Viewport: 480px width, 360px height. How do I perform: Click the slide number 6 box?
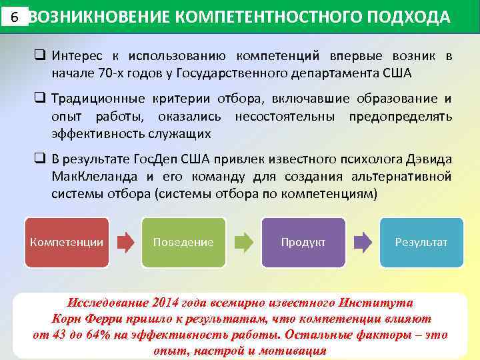pos(15,17)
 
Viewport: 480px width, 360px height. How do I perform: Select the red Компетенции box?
pos(67,242)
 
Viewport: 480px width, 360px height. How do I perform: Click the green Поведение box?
pos(183,242)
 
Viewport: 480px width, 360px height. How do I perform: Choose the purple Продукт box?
pos(303,242)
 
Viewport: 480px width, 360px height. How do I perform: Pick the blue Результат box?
pos(421,242)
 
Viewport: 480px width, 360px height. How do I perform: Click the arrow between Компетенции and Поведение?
pos(125,242)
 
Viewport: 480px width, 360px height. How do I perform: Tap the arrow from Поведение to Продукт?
pos(244,242)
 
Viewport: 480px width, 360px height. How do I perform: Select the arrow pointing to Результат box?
pos(363,242)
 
